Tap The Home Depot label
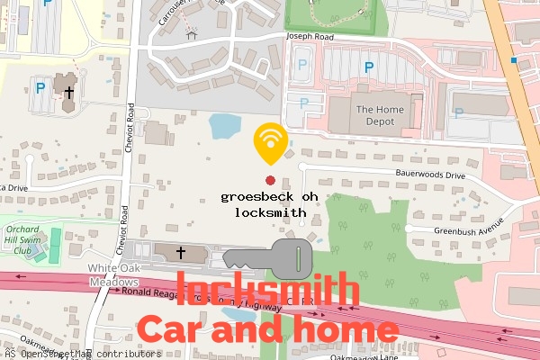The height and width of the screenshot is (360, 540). pyautogui.click(x=375, y=116)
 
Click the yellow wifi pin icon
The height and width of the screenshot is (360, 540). pyautogui.click(x=268, y=140)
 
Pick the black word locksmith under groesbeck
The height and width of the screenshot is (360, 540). pyautogui.click(x=270, y=213)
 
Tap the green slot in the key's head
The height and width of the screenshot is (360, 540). pyautogui.click(x=296, y=258)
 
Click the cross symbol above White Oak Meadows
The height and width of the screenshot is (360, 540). pyautogui.click(x=180, y=253)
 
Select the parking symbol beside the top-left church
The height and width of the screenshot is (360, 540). pyautogui.click(x=40, y=88)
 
